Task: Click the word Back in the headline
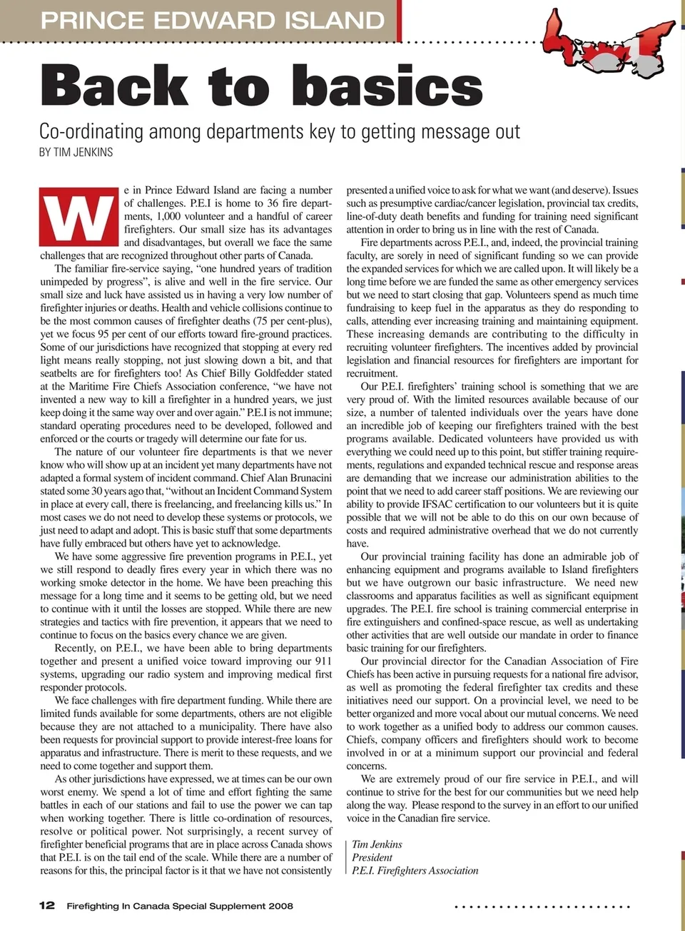[115, 86]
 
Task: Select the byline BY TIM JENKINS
[76, 152]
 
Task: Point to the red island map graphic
[608, 44]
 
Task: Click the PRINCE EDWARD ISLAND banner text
[213, 20]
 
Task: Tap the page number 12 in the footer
[46, 905]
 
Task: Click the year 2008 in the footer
[280, 906]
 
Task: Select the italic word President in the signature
[372, 858]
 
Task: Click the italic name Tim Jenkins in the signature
[377, 845]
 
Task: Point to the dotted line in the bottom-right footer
[542, 907]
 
